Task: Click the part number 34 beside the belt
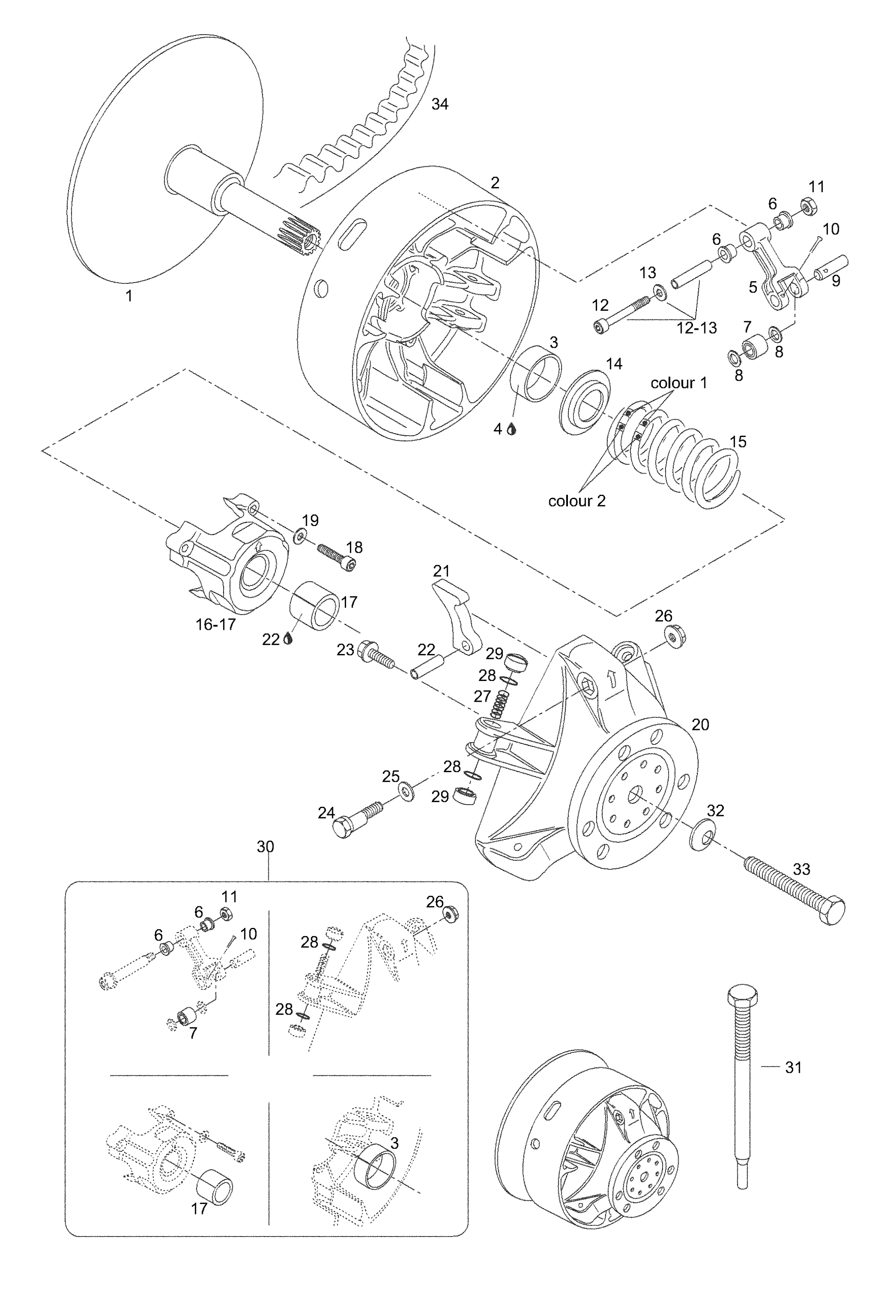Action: pyautogui.click(x=439, y=104)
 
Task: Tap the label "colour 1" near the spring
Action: pyautogui.click(x=678, y=383)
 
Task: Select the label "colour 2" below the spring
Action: pyautogui.click(x=577, y=501)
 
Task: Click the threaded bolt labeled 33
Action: pyautogui.click(x=794, y=891)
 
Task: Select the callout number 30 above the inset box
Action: pyautogui.click(x=265, y=847)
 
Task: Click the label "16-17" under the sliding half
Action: pyautogui.click(x=215, y=625)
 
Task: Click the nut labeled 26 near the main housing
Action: pyautogui.click(x=676, y=637)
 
